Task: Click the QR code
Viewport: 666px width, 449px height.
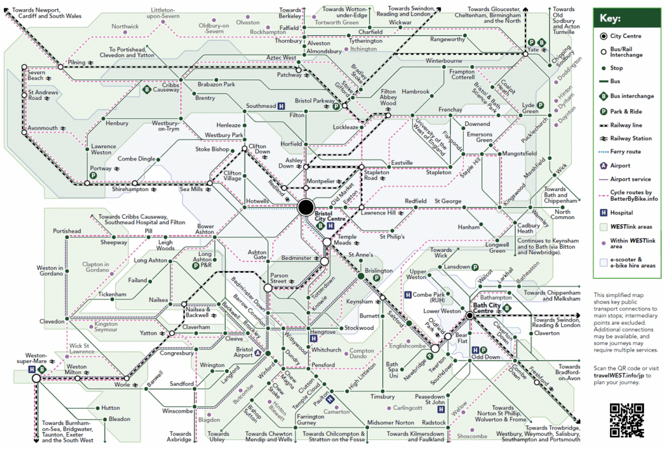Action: (x=627, y=420)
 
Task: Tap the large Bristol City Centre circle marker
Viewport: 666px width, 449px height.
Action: (x=305, y=208)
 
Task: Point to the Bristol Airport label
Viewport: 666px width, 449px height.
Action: (x=244, y=352)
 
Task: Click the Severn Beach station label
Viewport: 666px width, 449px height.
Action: (x=36, y=75)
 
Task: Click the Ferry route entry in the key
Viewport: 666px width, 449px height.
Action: (x=626, y=151)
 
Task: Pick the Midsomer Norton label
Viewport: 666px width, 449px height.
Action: (x=391, y=423)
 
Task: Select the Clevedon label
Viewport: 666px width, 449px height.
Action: (x=52, y=321)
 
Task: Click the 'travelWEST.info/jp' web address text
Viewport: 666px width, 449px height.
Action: (x=622, y=376)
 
